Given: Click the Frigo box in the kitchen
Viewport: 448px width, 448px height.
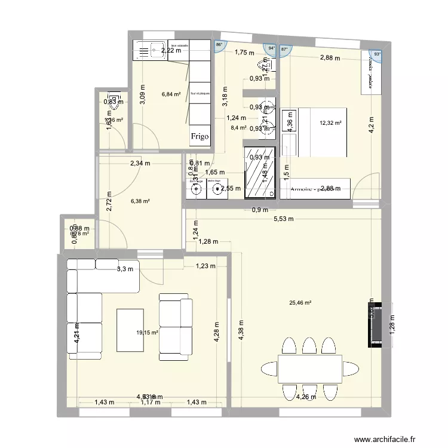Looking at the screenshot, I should (200, 136).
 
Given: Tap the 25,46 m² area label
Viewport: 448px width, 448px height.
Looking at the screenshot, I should (300, 303).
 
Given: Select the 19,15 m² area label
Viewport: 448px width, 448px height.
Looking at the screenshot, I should (146, 333).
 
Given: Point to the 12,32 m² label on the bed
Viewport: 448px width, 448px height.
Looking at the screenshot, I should (330, 123).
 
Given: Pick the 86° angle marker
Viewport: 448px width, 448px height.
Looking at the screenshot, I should (219, 45).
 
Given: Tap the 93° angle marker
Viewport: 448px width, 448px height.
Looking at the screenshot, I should (377, 54).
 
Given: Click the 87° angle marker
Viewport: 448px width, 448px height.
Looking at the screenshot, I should (284, 50).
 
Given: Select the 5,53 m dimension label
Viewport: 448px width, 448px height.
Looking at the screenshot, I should (284, 219).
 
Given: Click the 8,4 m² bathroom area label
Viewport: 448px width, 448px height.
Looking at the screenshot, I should (239, 127).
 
